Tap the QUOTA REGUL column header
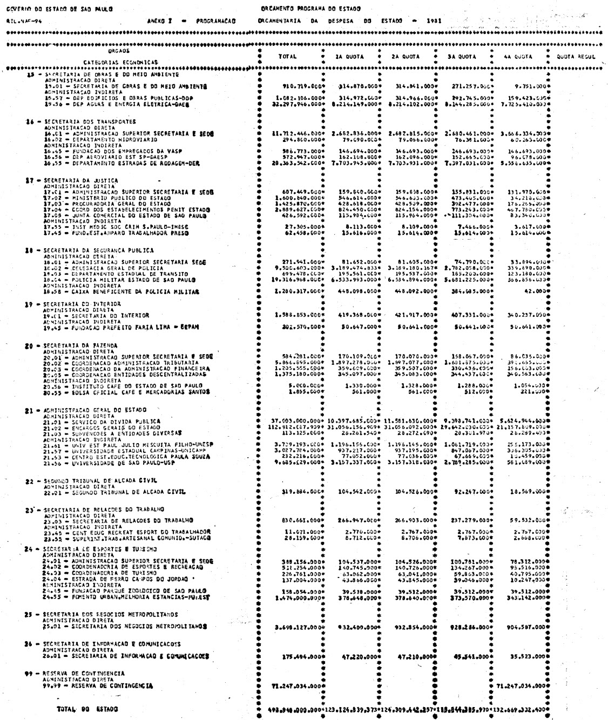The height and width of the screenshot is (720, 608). click(x=576, y=56)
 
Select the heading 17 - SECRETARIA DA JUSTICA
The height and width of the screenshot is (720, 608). click(x=79, y=180)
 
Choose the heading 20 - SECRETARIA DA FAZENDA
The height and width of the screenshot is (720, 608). click(x=79, y=344)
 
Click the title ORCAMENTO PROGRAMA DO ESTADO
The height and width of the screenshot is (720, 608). click(x=310, y=8)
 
